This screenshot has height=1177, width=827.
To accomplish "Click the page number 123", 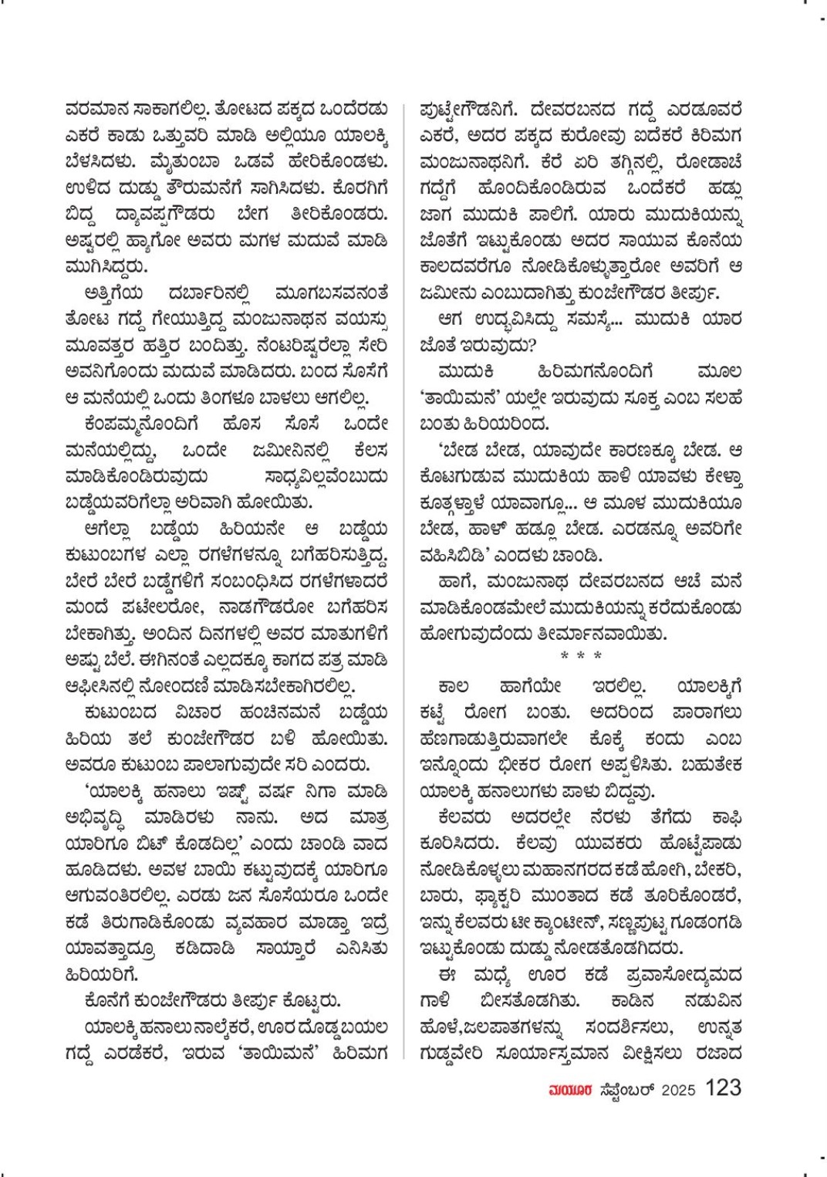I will click(723, 1088).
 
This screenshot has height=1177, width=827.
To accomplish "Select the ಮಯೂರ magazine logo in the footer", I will click(566, 1090).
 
